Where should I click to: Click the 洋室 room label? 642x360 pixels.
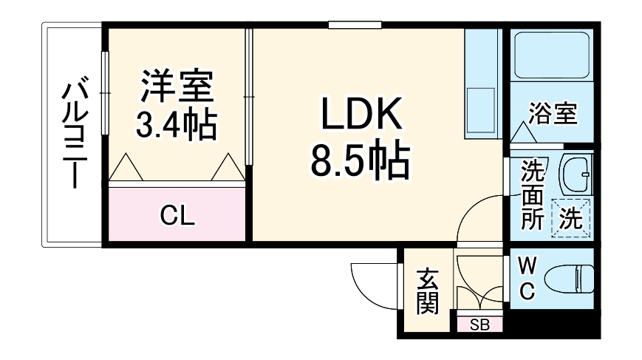[x=177, y=86]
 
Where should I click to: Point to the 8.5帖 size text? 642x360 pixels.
[x=360, y=162]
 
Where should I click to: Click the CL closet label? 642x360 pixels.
[x=178, y=216]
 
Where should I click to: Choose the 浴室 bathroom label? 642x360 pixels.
[x=553, y=114]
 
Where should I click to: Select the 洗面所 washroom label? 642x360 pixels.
[x=532, y=195]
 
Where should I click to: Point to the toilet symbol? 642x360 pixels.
[x=569, y=280]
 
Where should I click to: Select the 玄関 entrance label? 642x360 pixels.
[x=426, y=291]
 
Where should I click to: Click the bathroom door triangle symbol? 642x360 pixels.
[x=525, y=133]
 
